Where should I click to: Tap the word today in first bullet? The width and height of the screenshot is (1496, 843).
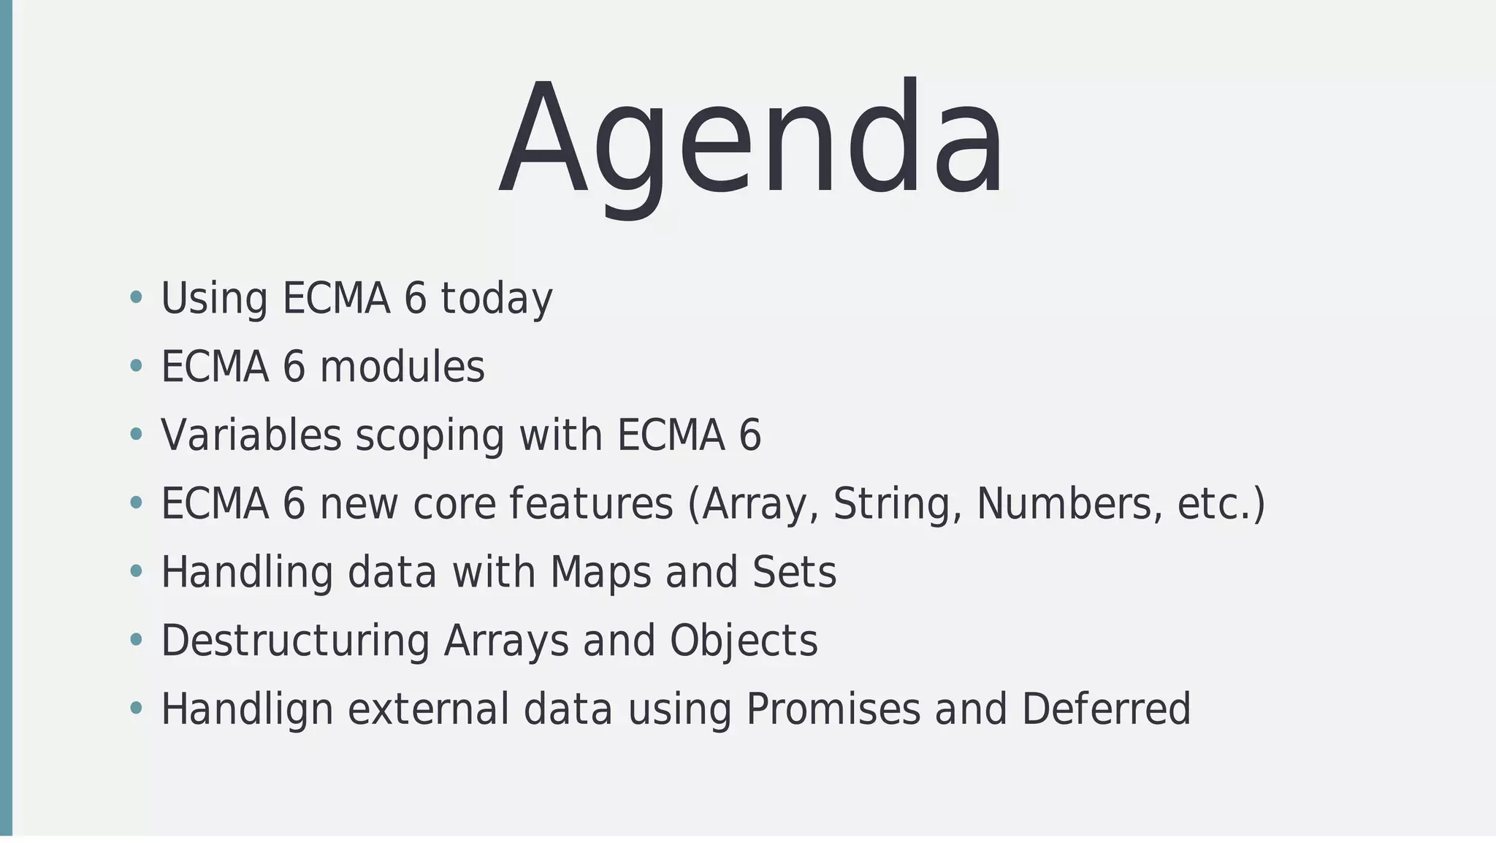(496, 299)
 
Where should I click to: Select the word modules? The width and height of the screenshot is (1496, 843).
(402, 367)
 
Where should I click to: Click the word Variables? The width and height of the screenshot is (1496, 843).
(251, 435)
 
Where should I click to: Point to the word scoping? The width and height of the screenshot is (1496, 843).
(430, 436)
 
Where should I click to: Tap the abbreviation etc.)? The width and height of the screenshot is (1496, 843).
(1221, 504)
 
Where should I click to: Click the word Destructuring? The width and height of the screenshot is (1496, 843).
(294, 641)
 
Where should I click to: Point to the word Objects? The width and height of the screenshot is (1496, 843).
(743, 641)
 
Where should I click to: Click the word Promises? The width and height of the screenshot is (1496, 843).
(833, 710)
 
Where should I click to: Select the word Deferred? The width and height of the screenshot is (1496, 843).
(1106, 710)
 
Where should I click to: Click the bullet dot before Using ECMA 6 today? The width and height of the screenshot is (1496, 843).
(135, 297)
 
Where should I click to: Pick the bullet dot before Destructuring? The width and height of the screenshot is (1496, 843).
(135, 640)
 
